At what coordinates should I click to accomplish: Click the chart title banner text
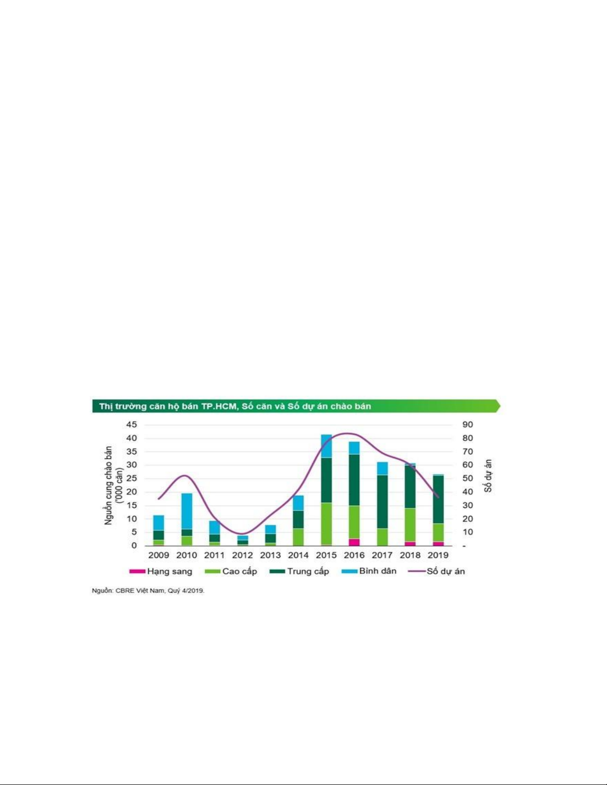(x=235, y=407)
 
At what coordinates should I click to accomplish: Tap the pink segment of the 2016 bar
(x=354, y=542)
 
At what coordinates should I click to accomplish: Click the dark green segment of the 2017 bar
(x=382, y=501)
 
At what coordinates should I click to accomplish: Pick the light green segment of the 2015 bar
(x=326, y=523)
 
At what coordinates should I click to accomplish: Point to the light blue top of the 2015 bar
(x=326, y=446)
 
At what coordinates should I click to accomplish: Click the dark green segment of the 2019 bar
(x=438, y=499)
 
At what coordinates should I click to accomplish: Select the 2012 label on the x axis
(x=242, y=555)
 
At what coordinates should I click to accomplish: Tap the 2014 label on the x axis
(x=298, y=555)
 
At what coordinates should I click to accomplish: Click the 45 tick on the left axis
(x=131, y=425)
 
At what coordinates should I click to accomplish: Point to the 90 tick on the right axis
(x=468, y=425)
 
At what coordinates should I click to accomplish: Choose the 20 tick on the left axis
(x=131, y=492)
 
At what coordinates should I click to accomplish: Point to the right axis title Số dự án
(x=489, y=476)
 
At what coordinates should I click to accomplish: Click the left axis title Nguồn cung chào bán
(x=109, y=485)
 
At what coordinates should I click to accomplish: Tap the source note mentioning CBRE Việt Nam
(x=148, y=591)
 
